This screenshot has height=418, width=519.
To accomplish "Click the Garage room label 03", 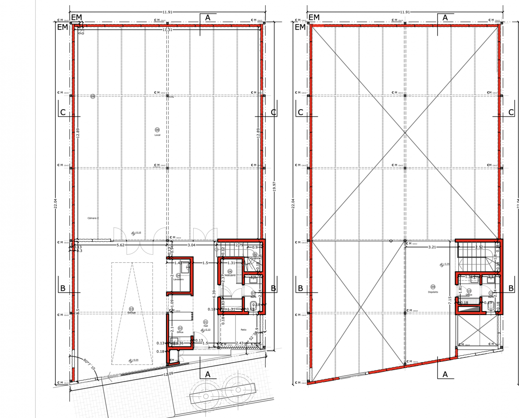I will (x=131, y=310).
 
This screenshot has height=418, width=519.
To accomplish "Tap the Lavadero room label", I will (x=178, y=279).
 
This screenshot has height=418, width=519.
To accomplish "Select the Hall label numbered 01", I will (x=205, y=324).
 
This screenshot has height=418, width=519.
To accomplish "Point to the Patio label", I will (x=243, y=330).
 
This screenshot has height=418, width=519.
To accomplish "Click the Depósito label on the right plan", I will (x=433, y=292).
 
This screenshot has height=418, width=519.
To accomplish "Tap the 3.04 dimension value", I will (x=191, y=245).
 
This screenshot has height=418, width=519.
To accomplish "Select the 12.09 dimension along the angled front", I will (x=169, y=374).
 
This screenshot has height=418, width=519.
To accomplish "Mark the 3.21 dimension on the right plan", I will (x=432, y=247).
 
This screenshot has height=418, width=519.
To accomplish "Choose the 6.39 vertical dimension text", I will (x=214, y=295).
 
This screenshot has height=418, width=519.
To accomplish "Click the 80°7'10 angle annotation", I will (x=89, y=364).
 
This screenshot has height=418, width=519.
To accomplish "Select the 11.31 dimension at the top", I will (x=167, y=29).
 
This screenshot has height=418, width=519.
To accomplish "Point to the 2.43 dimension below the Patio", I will (x=239, y=343).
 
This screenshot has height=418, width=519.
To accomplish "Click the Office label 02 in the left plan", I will (x=180, y=330).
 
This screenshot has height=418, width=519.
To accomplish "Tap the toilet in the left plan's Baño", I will (x=252, y=305).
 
